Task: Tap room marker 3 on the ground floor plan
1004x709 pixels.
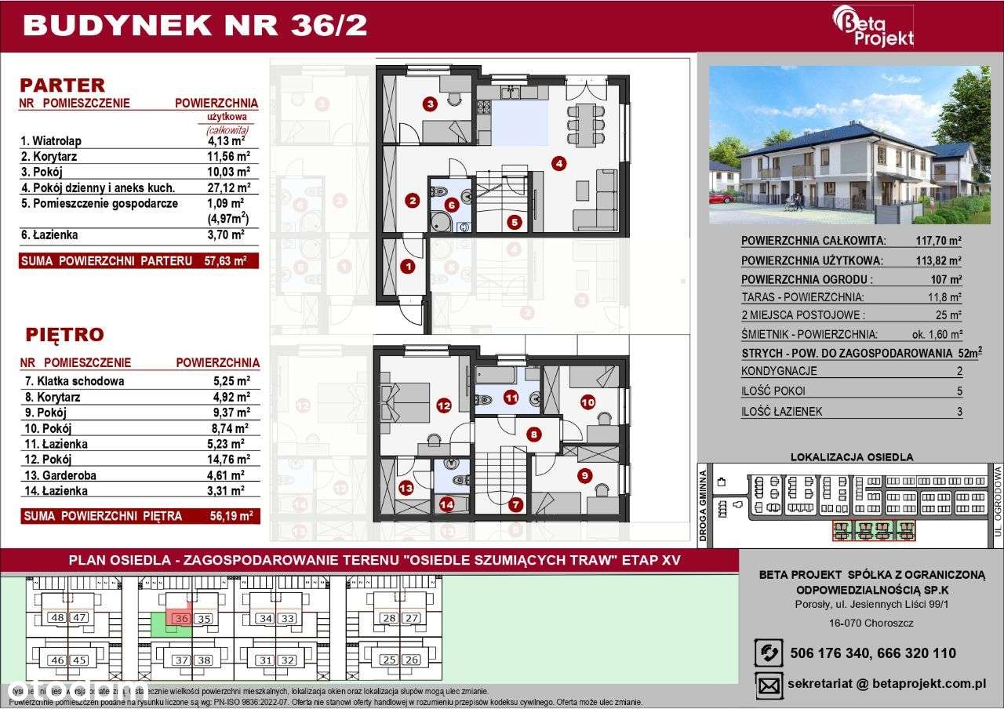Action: point(430,103)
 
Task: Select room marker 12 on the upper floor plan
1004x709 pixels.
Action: point(444,405)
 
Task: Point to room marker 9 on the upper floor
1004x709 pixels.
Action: point(584,475)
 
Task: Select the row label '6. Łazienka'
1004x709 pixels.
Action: point(49,235)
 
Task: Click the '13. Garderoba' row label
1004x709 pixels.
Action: point(57,475)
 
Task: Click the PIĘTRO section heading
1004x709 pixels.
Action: point(64,335)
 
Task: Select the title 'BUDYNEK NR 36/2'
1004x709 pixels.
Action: point(195,25)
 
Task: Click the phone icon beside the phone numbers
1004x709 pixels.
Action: point(768,653)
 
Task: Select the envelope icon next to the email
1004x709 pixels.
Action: point(768,684)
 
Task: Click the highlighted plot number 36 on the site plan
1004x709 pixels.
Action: point(181,618)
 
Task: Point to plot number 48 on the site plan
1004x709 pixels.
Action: point(56,618)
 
